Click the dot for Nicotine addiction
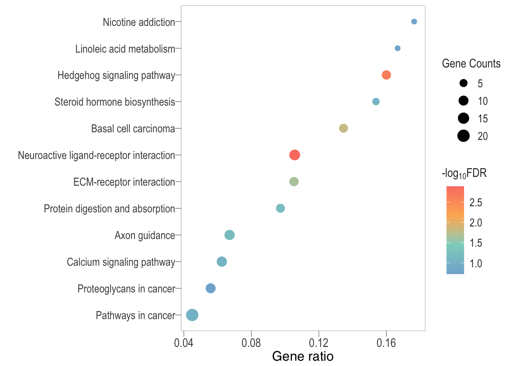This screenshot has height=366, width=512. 414,22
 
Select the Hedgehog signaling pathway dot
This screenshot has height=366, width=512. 386,75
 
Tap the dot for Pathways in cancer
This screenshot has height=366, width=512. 192,315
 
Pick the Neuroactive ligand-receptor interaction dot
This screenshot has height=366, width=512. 294,155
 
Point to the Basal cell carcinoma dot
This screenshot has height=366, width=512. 344,128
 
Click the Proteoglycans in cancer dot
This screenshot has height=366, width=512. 211,289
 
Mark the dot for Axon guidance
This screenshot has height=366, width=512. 229,235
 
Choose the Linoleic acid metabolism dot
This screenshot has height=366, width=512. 398,48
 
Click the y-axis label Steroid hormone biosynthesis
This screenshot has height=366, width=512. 115,102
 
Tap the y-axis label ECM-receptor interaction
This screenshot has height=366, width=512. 124,182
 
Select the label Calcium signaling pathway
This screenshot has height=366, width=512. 121,262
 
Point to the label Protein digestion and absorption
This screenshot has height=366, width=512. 109,209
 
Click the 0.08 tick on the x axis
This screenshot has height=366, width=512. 251,343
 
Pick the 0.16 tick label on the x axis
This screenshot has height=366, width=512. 386,343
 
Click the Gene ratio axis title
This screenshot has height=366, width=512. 303,356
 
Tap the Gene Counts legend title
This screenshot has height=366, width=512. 471,63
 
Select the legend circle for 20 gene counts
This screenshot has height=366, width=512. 464,136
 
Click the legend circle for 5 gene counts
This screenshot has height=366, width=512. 464,83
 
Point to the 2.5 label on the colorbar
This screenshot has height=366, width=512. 476,202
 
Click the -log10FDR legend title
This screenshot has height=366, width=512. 464,173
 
